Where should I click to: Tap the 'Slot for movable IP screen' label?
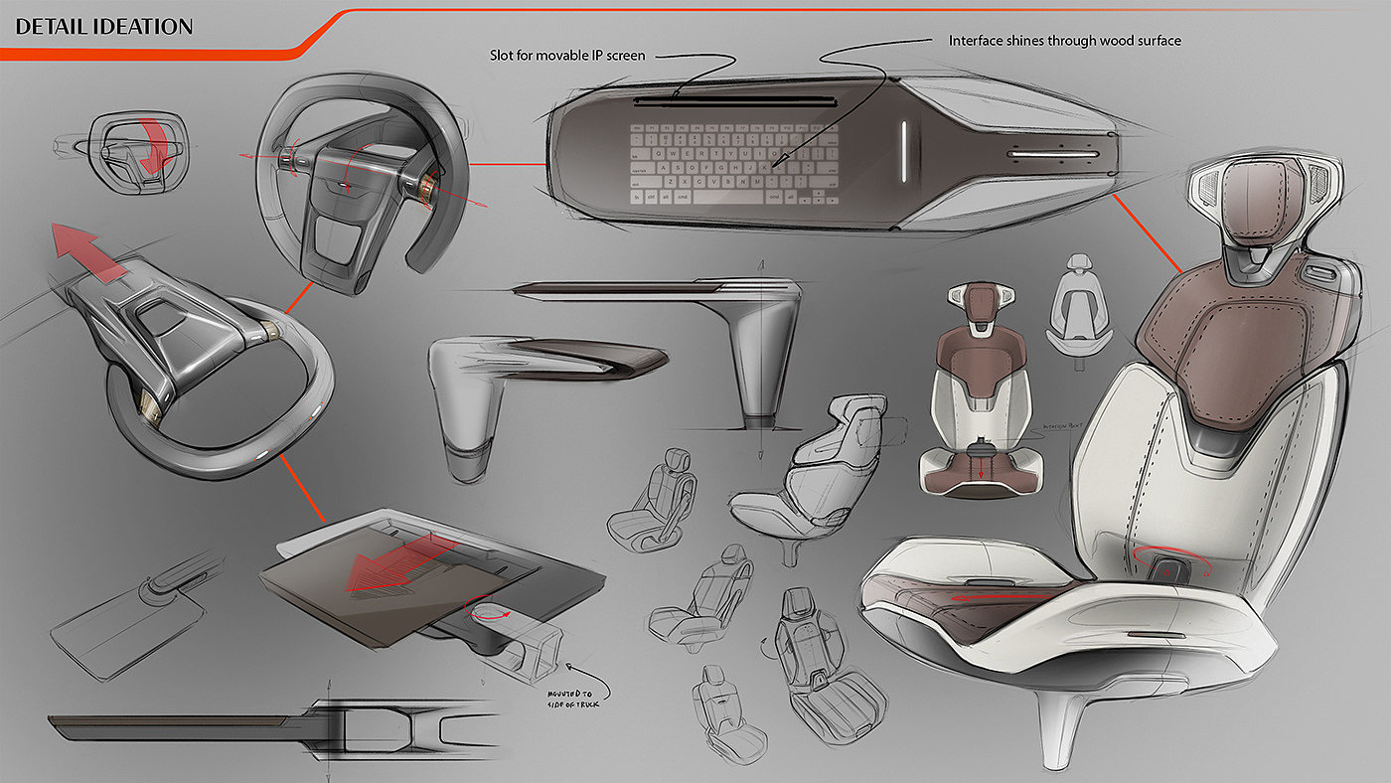[x=566, y=56]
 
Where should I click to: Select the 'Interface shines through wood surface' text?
[x=1064, y=41]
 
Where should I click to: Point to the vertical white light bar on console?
[x=903, y=152]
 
